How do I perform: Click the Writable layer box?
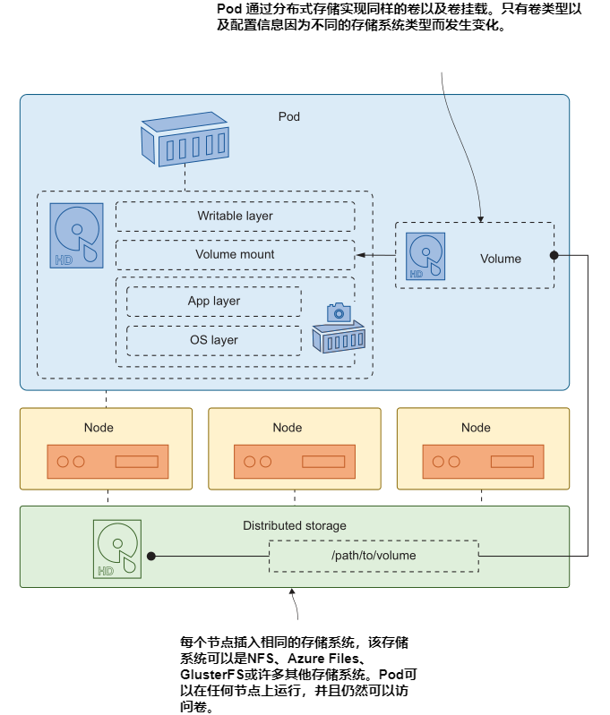coord(235,217)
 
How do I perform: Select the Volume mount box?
coord(235,255)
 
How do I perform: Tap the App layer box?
coord(213,302)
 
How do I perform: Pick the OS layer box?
coord(213,340)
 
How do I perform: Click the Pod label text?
coord(289,116)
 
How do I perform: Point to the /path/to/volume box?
coord(374,556)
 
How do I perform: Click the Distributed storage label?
coord(295,526)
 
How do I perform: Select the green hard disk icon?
coord(116,549)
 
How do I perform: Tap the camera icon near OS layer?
coord(338,312)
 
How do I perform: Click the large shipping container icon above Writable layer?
coord(185,139)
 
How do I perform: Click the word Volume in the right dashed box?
coord(501,260)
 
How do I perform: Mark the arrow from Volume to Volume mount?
coord(376,256)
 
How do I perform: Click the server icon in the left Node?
coord(107,462)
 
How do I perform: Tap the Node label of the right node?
coord(476,428)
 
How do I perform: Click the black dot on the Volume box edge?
coord(554,256)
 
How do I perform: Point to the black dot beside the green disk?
coord(151,556)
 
